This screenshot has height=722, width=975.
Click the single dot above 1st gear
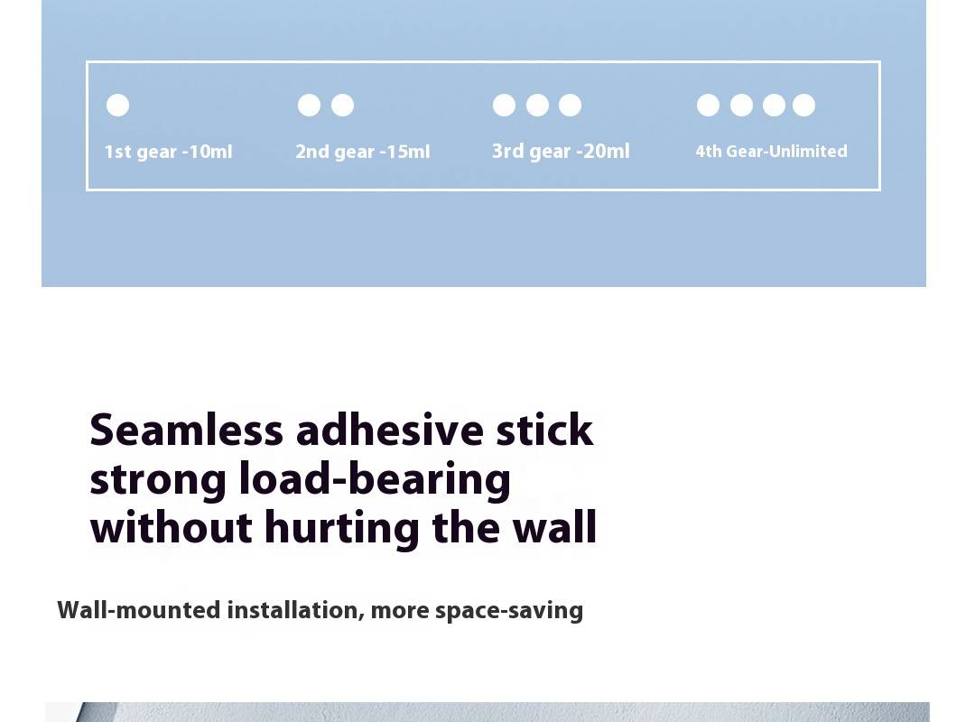point(117,105)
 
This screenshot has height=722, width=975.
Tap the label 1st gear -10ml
point(168,152)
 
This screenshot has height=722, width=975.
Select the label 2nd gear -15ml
point(363,152)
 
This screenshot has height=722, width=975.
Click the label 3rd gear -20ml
point(561,151)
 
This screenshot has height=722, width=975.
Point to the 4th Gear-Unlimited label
point(771,151)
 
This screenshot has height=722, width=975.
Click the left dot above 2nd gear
point(309,105)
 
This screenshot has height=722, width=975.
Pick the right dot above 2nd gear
point(343,105)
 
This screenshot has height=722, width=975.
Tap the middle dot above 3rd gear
point(537,105)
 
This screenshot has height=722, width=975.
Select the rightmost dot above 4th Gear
point(804,105)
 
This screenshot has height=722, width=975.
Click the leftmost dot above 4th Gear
point(709,105)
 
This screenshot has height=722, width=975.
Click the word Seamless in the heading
point(187,430)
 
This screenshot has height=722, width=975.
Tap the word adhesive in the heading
point(390,430)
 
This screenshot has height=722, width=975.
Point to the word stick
point(544,430)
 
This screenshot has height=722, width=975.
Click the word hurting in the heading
point(342,529)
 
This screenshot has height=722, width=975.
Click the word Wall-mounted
point(139,610)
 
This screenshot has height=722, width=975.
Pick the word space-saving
point(509,611)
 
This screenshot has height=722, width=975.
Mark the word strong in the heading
point(158,481)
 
